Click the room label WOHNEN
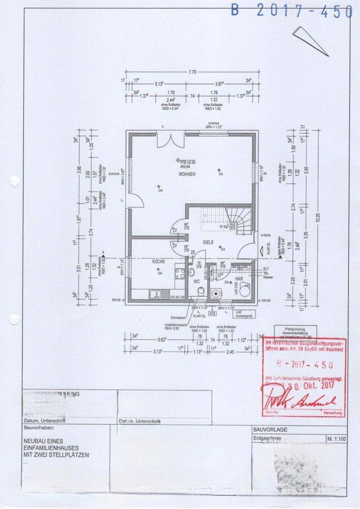coord(187,174)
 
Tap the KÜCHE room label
coord(158,261)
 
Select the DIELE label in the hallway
coord(208,242)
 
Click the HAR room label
coord(239,279)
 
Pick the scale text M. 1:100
coord(335,439)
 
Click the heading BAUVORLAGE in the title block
coord(270,430)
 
